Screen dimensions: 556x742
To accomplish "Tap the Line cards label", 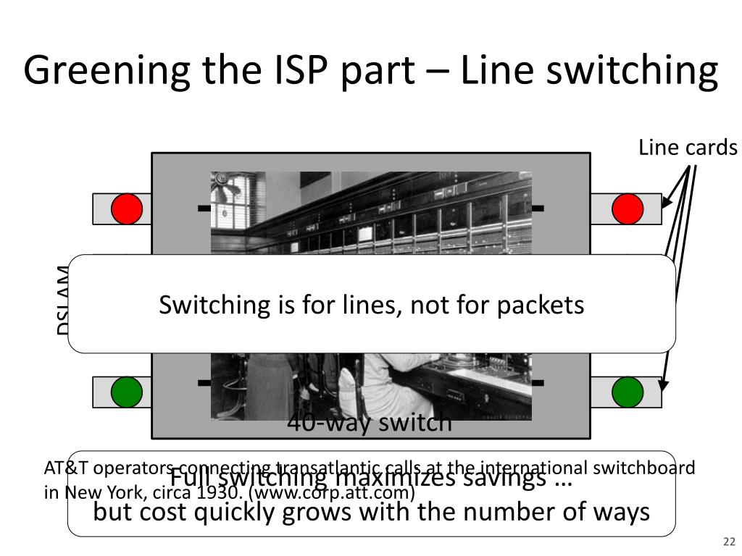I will click(688, 148).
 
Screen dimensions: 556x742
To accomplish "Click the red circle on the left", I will click(127, 209).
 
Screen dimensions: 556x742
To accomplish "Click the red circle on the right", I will click(628, 209).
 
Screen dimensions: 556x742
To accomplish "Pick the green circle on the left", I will click(127, 392).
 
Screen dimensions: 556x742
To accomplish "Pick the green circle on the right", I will click(628, 392).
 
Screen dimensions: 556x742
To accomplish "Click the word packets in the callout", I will click(540, 305).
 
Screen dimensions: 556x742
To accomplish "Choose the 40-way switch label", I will click(370, 422).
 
